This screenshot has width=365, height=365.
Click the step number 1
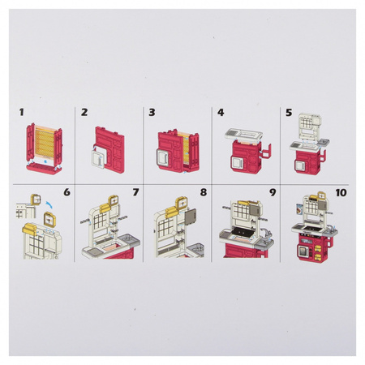coord(21,112)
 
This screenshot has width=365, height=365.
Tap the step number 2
coord(84,112)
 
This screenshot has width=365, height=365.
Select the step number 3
coord(152,112)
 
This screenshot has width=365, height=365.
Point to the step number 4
coord(221,112)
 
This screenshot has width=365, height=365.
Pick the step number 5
coord(289,112)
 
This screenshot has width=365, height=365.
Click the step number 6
coord(67,192)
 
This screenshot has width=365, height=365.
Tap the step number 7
coord(135,192)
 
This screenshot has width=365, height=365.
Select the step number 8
coord(204,192)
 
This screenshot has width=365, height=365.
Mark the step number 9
coord(273,192)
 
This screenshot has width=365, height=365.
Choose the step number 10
coord(341,192)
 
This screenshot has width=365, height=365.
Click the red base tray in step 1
coord(44,169)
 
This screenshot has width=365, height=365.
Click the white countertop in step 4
coord(243,135)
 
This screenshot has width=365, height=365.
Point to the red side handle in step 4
coord(266,151)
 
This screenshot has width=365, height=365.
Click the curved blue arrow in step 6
coord(49,204)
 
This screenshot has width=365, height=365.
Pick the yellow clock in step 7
coord(114,200)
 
